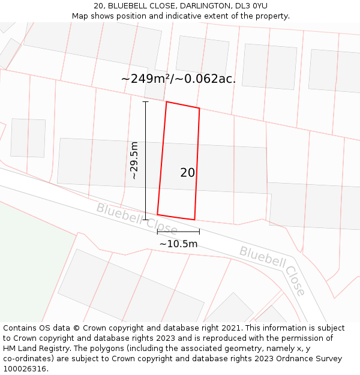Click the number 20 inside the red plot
pos(187,173)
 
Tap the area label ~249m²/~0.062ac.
pos(178,79)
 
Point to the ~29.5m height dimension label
pos(134,160)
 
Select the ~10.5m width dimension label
pos(178,244)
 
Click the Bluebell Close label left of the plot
pos(136,219)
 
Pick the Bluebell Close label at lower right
pos(274,270)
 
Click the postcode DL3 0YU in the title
pos(252,6)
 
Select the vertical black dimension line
pos(145,160)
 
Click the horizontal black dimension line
pos(178,232)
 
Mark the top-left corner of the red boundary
pos(166,102)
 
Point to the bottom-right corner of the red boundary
pos(194,220)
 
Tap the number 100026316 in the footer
pos(24,369)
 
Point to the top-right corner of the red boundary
pos(199,109)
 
